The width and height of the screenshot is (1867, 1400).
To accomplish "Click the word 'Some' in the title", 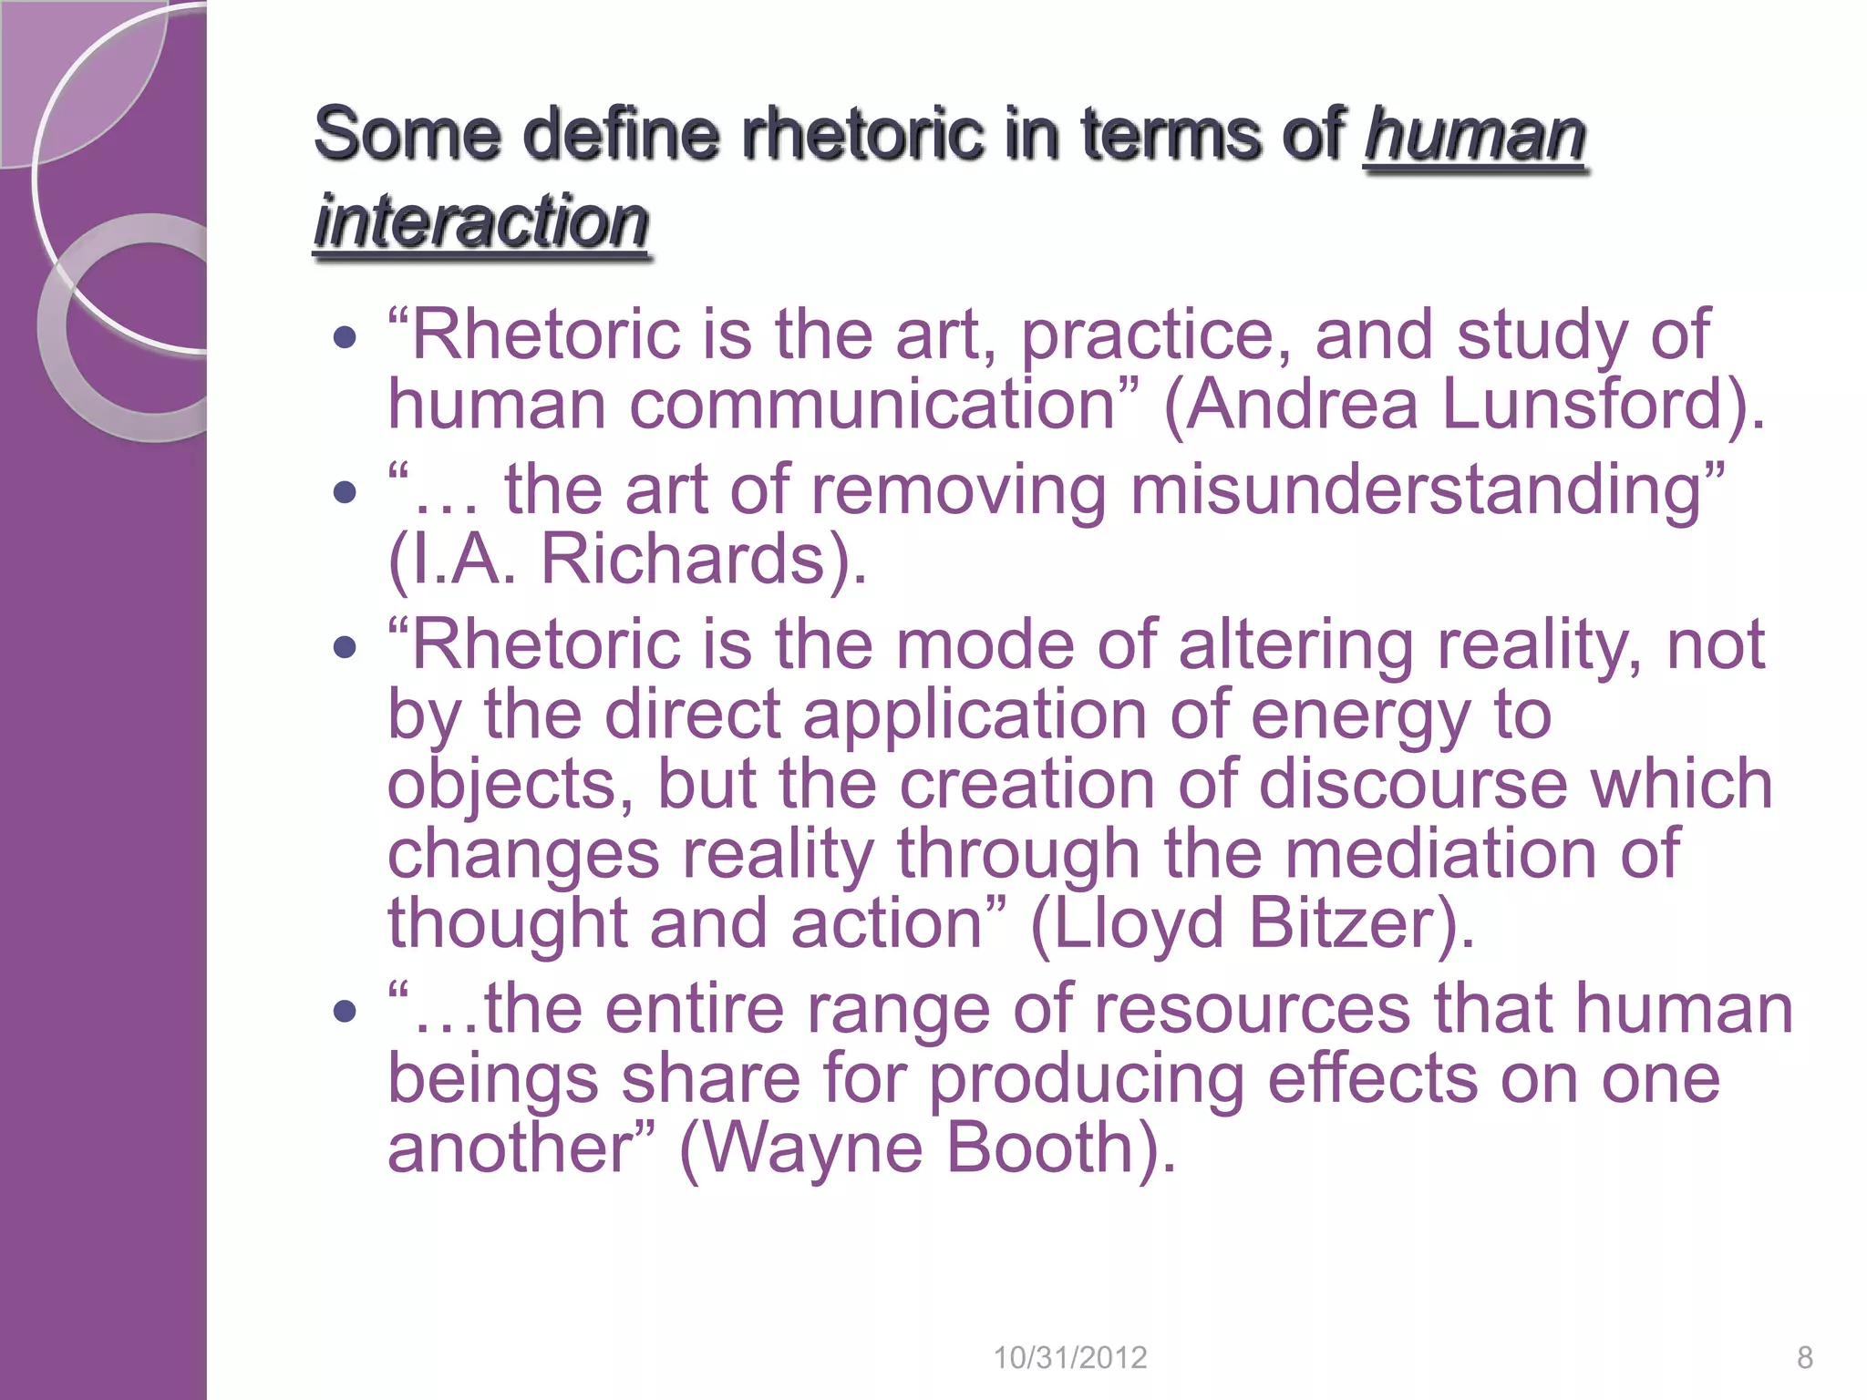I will coord(407,134).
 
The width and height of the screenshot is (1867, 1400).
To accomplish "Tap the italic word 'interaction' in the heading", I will coord(481,221).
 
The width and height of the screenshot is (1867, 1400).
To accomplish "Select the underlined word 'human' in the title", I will coord(1474,134).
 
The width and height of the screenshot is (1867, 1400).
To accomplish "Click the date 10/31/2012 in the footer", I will coord(1069,1358).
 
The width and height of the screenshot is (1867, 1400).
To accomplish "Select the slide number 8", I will coord(1804,1358).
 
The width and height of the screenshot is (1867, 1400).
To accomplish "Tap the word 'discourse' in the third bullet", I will coord(1413,784).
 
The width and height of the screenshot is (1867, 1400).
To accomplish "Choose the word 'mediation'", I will coord(1440,853).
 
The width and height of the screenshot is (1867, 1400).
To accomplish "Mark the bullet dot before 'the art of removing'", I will coord(344,493).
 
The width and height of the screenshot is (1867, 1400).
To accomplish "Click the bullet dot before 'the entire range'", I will coord(344,1011).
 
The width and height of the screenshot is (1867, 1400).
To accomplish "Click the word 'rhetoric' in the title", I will coord(862,134).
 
